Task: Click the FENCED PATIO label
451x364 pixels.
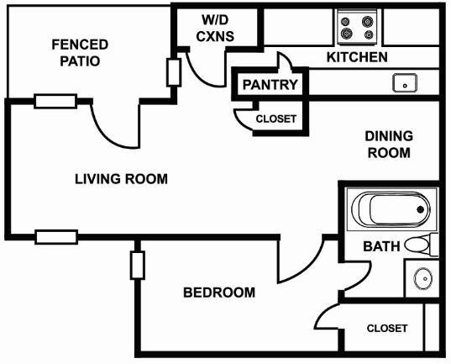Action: (80, 53)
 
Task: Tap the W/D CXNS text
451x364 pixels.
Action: (215, 28)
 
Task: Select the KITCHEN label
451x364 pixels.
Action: (357, 57)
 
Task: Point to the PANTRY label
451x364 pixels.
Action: (270, 84)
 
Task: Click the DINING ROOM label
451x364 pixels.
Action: (389, 145)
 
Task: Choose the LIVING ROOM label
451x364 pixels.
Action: (121, 179)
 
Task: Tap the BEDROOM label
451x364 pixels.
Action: (219, 293)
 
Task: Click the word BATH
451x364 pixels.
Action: (381, 246)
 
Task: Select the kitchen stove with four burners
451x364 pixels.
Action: (357, 27)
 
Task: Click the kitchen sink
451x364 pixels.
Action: (405, 83)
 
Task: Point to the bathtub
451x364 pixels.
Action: (391, 209)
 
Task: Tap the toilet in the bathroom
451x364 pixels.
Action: (422, 245)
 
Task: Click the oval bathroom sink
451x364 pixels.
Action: (422, 278)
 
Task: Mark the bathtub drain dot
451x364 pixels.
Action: (420, 209)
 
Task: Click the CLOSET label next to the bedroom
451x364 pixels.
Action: (387, 329)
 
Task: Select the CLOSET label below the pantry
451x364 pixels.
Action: (276, 119)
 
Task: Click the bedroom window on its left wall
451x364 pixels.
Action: (138, 266)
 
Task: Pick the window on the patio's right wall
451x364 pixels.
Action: (174, 72)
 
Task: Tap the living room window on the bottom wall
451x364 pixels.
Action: (56, 237)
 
